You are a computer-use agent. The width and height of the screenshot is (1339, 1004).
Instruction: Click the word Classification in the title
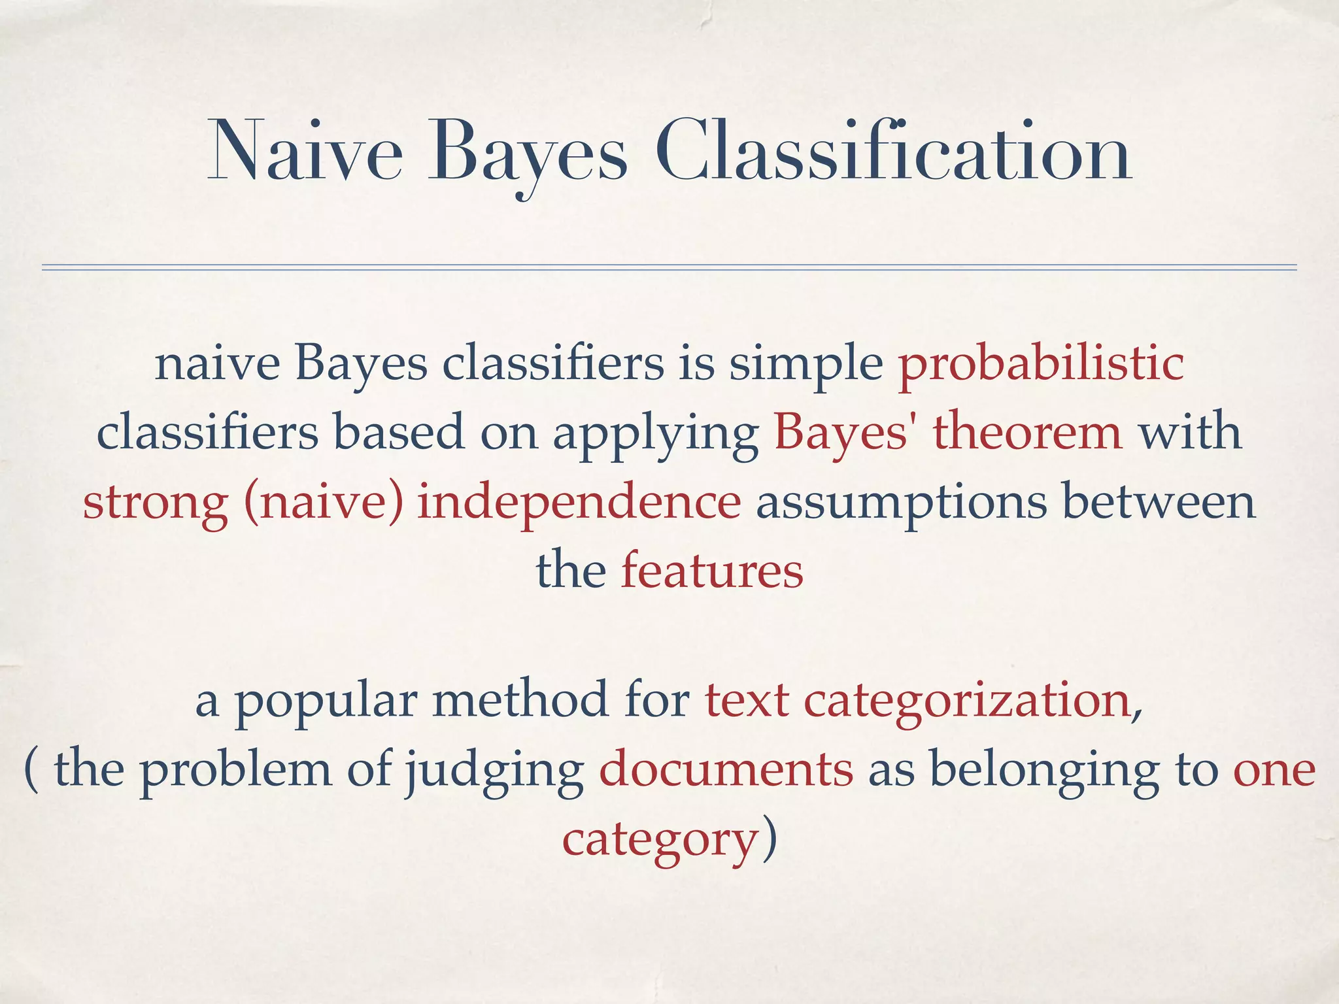[892, 152]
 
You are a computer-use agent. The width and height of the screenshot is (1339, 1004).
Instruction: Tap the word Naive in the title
[305, 152]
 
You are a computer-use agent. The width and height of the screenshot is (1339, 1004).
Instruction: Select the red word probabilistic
[1041, 364]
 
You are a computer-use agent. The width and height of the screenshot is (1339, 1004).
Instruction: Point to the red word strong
[156, 503]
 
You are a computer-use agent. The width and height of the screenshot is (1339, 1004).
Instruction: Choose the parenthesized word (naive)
[324, 503]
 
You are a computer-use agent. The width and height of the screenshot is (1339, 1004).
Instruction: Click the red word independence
[579, 503]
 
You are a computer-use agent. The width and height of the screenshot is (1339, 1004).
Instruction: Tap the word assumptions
[901, 503]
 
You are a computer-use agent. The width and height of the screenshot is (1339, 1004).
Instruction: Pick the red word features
[711, 571]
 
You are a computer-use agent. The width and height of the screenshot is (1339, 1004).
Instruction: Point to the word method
[520, 699]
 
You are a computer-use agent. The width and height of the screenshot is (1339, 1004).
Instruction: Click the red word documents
[726, 769]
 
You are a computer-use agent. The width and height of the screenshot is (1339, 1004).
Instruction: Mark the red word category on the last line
[660, 841]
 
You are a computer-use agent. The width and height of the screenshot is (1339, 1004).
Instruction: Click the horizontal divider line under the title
[669, 267]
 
